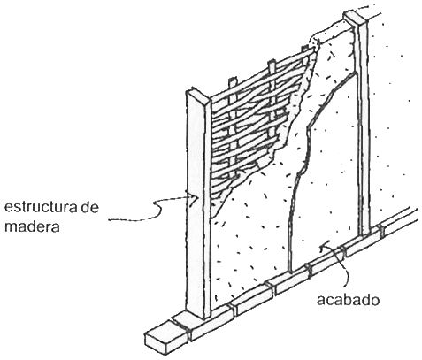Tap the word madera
click(x=32, y=227)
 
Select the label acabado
click(x=348, y=300)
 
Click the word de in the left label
click(x=89, y=207)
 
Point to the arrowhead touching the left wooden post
click(x=194, y=197)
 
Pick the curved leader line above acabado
click(x=339, y=265)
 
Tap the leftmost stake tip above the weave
click(x=233, y=81)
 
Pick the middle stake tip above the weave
click(x=272, y=65)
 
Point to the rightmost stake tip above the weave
click(x=305, y=49)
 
